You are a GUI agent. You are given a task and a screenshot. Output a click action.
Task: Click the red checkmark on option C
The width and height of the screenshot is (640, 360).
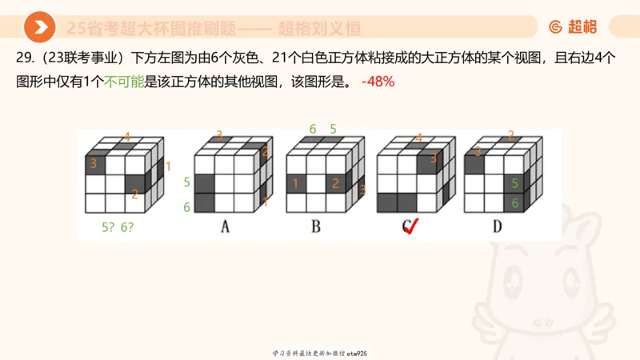pyautogui.click(x=412, y=229)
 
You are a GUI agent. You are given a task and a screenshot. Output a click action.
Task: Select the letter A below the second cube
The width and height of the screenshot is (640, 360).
pyautogui.click(x=226, y=227)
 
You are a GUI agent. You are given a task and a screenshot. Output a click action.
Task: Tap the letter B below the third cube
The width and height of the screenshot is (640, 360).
pyautogui.click(x=316, y=227)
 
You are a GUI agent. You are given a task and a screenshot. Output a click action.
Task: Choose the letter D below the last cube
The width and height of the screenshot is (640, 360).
pyautogui.click(x=497, y=227)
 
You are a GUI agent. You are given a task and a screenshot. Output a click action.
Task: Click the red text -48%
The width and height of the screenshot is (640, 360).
pyautogui.click(x=378, y=82)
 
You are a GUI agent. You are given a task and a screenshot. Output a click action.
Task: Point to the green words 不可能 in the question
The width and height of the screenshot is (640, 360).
pyautogui.click(x=125, y=82)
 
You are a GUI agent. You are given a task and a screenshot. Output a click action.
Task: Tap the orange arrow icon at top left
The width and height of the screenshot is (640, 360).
pyautogui.click(x=39, y=27)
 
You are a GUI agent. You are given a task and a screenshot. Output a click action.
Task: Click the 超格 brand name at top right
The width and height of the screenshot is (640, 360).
pyautogui.click(x=582, y=27)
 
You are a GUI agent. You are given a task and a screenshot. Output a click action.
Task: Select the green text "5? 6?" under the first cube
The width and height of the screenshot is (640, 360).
pyautogui.click(x=118, y=226)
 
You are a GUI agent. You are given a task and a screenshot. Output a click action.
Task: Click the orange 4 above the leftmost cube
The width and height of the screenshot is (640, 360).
pyautogui.click(x=127, y=136)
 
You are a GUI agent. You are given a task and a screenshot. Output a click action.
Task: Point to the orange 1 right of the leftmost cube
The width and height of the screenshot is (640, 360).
pyautogui.click(x=168, y=166)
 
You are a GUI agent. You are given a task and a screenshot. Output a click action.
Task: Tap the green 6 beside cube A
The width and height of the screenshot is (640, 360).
pyautogui.click(x=186, y=207)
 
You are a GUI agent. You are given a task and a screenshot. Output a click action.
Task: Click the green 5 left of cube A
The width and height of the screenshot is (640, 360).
pyautogui.click(x=186, y=182)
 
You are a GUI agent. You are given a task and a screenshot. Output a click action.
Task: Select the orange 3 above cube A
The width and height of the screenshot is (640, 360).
pyautogui.click(x=219, y=135)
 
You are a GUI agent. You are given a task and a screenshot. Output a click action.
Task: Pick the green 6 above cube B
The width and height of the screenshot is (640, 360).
pyautogui.click(x=313, y=128)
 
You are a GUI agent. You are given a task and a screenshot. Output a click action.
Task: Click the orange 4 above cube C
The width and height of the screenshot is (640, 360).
pyautogui.click(x=418, y=137)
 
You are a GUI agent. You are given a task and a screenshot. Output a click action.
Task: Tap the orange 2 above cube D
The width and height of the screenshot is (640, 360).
pyautogui.click(x=510, y=135)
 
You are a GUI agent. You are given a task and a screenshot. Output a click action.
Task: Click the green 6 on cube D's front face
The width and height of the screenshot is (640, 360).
pyautogui.click(x=514, y=203)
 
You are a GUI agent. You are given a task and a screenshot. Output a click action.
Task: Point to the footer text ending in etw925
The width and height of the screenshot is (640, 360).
pyautogui.click(x=320, y=353)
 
